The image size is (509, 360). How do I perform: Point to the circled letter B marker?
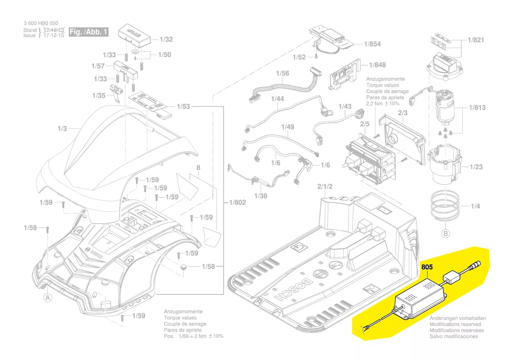445,234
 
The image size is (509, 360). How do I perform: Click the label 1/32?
166,39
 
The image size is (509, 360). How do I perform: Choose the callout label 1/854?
372,44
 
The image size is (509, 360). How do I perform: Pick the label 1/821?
476,40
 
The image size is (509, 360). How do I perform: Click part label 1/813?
477,108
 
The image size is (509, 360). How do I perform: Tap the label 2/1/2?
325,187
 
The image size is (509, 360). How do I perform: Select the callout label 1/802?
237,202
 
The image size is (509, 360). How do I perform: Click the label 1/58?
208,266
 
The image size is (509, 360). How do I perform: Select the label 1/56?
282,73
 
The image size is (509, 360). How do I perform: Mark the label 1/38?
260,196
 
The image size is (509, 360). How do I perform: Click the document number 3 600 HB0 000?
40,23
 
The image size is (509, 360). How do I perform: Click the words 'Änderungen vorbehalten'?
458,319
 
